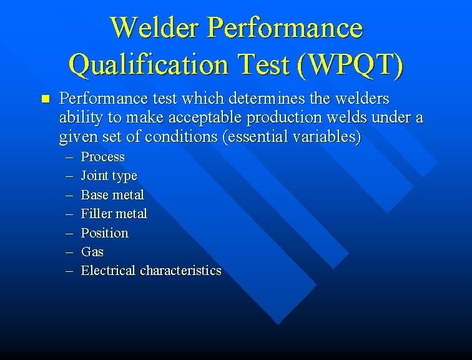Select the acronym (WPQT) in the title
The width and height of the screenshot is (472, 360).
pos(351,64)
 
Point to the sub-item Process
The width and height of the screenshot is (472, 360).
pos(102,157)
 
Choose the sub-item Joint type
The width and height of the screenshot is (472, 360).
pos(109,176)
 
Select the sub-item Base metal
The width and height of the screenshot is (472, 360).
pos(112,195)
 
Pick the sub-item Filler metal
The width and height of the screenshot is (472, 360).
pos(114,214)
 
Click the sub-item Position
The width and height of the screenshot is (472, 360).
pos(104,233)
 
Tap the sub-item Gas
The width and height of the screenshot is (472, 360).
pos(92,252)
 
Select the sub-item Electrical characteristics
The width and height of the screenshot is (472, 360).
pos(151,271)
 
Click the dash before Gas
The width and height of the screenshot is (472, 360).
pos(68,252)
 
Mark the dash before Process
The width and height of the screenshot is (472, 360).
pos(68,157)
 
